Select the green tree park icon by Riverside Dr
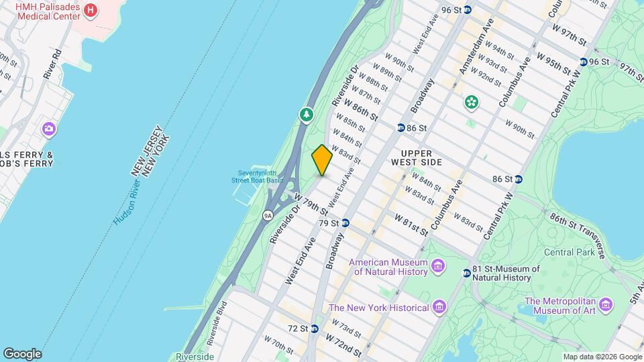[x=307, y=115]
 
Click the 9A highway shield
[x=268, y=215]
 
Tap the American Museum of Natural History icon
[x=438, y=267]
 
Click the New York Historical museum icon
[x=439, y=307]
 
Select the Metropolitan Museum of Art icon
[x=606, y=305]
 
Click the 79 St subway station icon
[x=345, y=223]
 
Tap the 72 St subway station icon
[x=313, y=328]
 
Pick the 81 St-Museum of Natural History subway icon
[x=466, y=273]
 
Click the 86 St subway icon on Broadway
[x=400, y=127]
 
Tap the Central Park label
[x=569, y=252]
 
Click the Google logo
[x=22, y=353]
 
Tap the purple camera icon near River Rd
[x=48, y=128]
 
